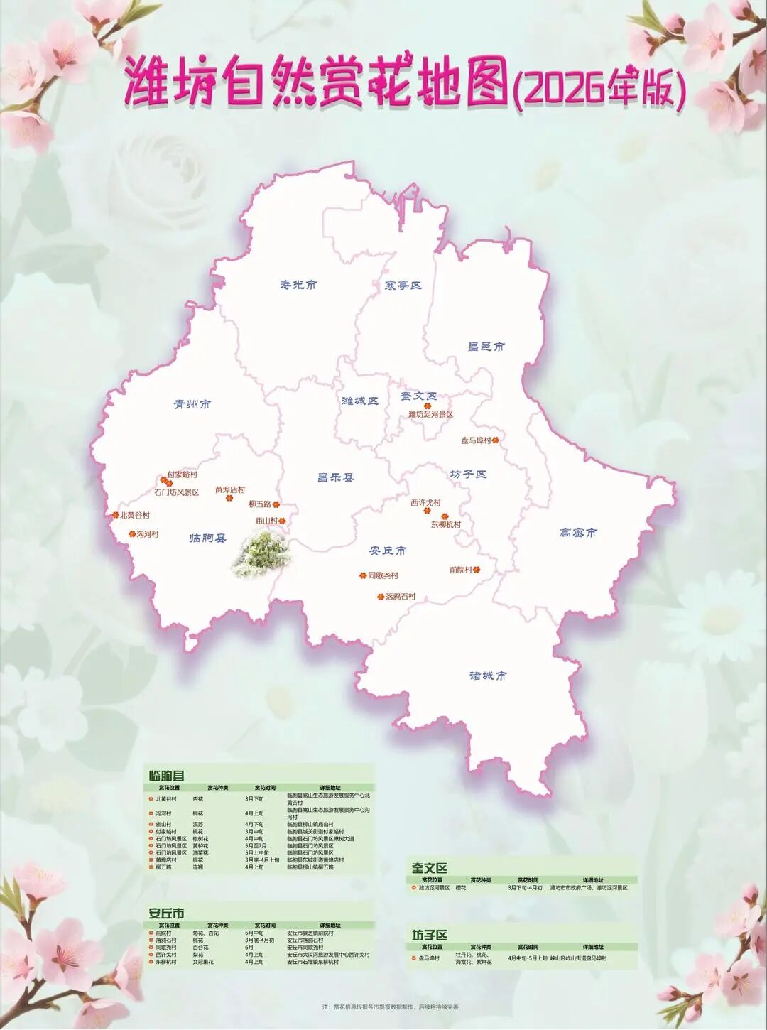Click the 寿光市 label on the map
click(x=298, y=285)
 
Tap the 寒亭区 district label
click(x=403, y=286)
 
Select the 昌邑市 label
click(x=486, y=347)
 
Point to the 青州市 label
click(x=192, y=404)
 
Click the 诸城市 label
click(x=488, y=676)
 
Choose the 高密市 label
click(x=578, y=533)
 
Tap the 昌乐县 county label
click(x=336, y=478)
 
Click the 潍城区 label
click(x=360, y=401)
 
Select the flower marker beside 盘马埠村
click(x=496, y=440)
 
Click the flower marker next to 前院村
click(x=477, y=570)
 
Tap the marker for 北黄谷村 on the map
click(x=116, y=515)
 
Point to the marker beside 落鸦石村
click(x=381, y=597)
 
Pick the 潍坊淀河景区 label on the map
click(x=430, y=414)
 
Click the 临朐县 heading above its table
click(x=167, y=776)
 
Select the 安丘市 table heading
click(x=166, y=914)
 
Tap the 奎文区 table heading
click(x=430, y=868)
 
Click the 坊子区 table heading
click(x=430, y=935)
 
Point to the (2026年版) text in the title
click(x=599, y=90)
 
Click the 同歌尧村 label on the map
click(x=383, y=575)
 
